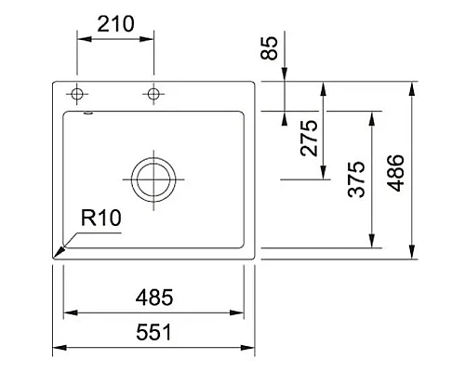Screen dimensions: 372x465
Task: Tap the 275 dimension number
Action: click(x=311, y=137)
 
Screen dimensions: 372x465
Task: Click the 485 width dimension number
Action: click(x=153, y=298)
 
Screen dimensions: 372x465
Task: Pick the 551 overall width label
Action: click(x=153, y=332)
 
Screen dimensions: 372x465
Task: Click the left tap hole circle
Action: click(x=77, y=94)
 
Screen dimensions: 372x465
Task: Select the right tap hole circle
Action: click(x=153, y=94)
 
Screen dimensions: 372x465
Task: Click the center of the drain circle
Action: click(x=153, y=177)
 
